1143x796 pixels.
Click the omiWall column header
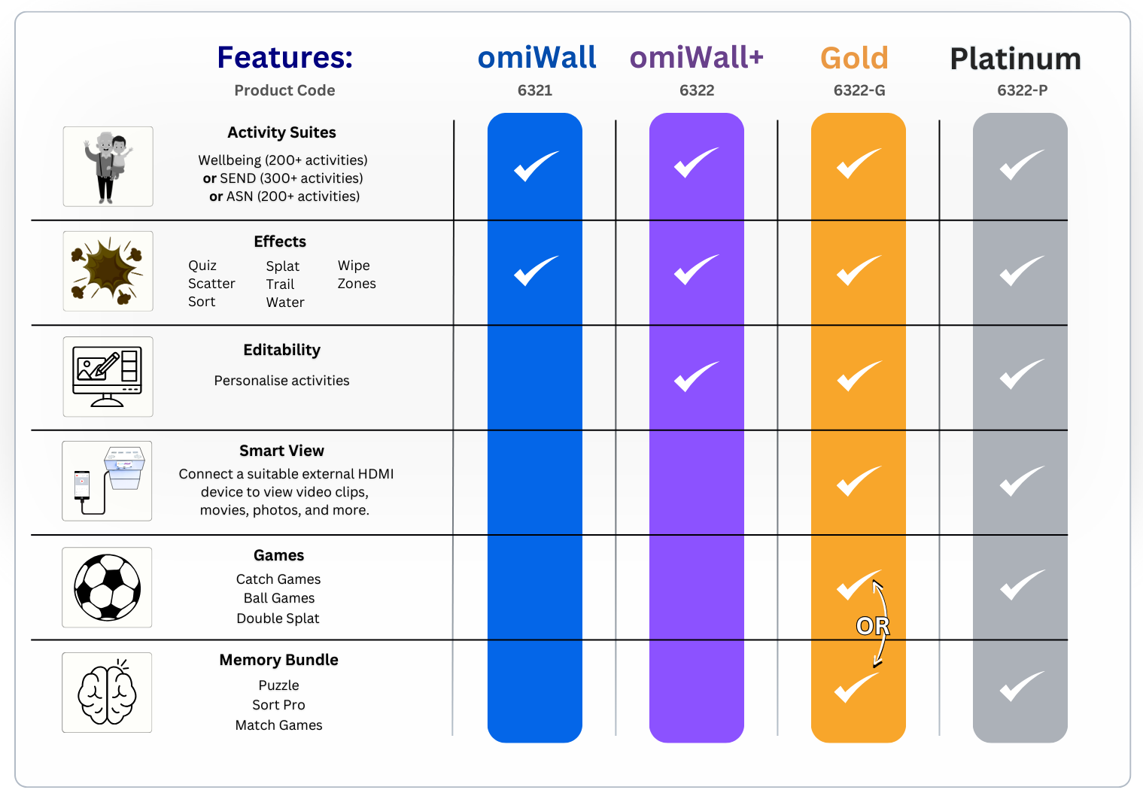[537, 58]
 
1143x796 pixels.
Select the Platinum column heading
[1015, 59]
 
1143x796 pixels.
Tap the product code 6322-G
[859, 91]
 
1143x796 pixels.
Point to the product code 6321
[534, 91]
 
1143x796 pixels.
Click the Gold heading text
[854, 59]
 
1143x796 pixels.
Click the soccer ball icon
[108, 588]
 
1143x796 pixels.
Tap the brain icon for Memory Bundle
[108, 692]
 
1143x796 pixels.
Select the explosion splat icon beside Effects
[108, 271]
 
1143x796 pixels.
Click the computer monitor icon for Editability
[108, 376]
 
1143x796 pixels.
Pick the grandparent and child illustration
[108, 166]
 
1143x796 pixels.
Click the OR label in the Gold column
[872, 626]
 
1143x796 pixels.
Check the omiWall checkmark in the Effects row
[536, 271]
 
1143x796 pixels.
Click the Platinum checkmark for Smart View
[1021, 482]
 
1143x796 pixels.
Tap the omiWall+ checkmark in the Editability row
[696, 376]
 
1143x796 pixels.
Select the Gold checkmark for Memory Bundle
[856, 687]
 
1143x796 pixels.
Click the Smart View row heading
[281, 451]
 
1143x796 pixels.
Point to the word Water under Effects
[285, 302]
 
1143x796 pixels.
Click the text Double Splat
[278, 618]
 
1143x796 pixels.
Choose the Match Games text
[278, 725]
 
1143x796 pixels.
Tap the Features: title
[284, 58]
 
